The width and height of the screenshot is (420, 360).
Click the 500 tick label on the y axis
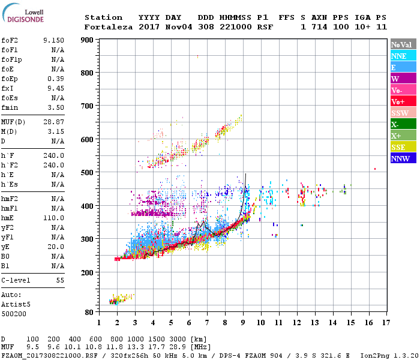click(86, 173)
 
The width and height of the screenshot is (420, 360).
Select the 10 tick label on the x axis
click(261, 322)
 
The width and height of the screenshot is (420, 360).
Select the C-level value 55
click(60, 280)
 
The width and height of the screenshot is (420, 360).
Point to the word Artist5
click(14, 304)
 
